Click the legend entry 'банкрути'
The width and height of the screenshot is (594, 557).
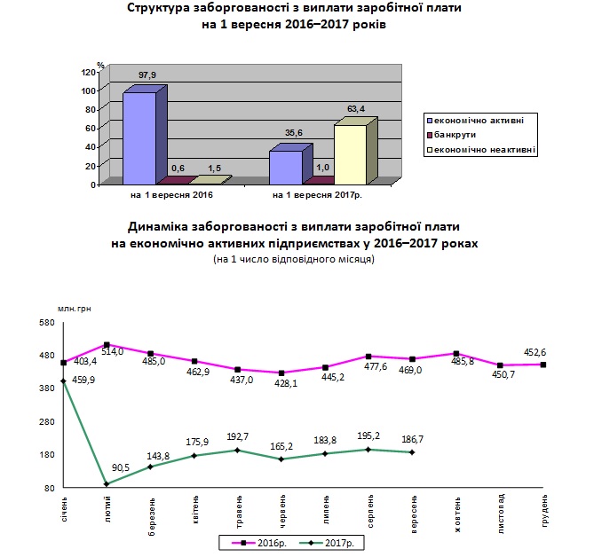pyautogui.click(x=452, y=135)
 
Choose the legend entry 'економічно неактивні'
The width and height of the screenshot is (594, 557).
pyautogui.click(x=481, y=150)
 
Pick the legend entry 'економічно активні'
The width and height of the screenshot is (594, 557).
pyautogui.click(x=475, y=121)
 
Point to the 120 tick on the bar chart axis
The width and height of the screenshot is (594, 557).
pyautogui.click(x=88, y=72)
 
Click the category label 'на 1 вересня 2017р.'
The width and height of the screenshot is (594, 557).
pyautogui.click(x=318, y=195)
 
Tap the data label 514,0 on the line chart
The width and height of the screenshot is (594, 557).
pyautogui.click(x=113, y=351)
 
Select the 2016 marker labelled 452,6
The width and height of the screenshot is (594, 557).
pyautogui.click(x=543, y=365)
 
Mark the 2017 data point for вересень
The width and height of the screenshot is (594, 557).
pyautogui.click(x=412, y=452)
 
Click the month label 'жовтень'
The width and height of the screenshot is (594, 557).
pyautogui.click(x=457, y=514)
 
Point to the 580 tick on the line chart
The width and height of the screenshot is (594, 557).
pyautogui.click(x=47, y=323)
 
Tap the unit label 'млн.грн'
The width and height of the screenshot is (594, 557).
pyautogui.click(x=75, y=309)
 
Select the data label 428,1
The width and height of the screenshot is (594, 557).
pyautogui.click(x=286, y=383)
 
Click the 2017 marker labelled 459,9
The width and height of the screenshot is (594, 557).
pyautogui.click(x=63, y=381)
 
